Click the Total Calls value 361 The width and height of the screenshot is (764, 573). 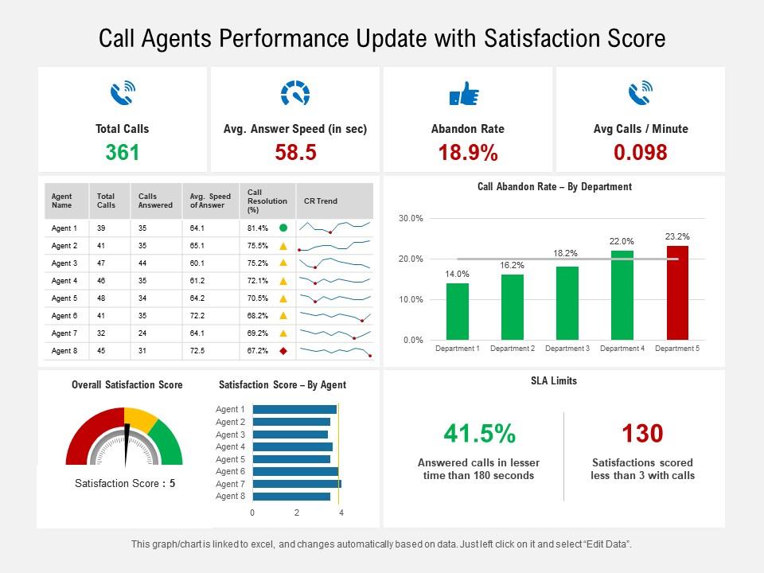[x=123, y=152]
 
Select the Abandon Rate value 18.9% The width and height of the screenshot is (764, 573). [x=468, y=152]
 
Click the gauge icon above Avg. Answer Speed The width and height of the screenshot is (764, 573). [x=295, y=94]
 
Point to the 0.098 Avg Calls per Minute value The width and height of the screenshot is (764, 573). [x=641, y=152]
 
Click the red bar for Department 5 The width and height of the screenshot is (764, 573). [x=677, y=293]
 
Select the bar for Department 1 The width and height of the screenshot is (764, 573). [x=457, y=311]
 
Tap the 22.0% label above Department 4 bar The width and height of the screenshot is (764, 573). [x=622, y=241]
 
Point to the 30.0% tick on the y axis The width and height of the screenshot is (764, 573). [x=411, y=218]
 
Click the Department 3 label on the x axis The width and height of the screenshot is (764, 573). [x=567, y=349]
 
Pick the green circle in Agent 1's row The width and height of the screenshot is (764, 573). [x=283, y=228]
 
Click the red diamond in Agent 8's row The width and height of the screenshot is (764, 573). [x=283, y=351]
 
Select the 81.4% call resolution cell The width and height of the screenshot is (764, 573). [x=258, y=228]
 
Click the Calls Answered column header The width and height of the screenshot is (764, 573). [x=155, y=201]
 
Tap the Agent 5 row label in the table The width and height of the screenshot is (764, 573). [x=64, y=298]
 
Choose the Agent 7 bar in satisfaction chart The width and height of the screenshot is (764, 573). [x=295, y=484]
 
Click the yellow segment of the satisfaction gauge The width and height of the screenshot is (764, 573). [x=141, y=418]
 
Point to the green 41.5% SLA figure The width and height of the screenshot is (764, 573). [x=479, y=434]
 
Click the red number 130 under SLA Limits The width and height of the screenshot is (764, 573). [x=642, y=434]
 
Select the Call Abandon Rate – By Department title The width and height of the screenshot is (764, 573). [x=554, y=187]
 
